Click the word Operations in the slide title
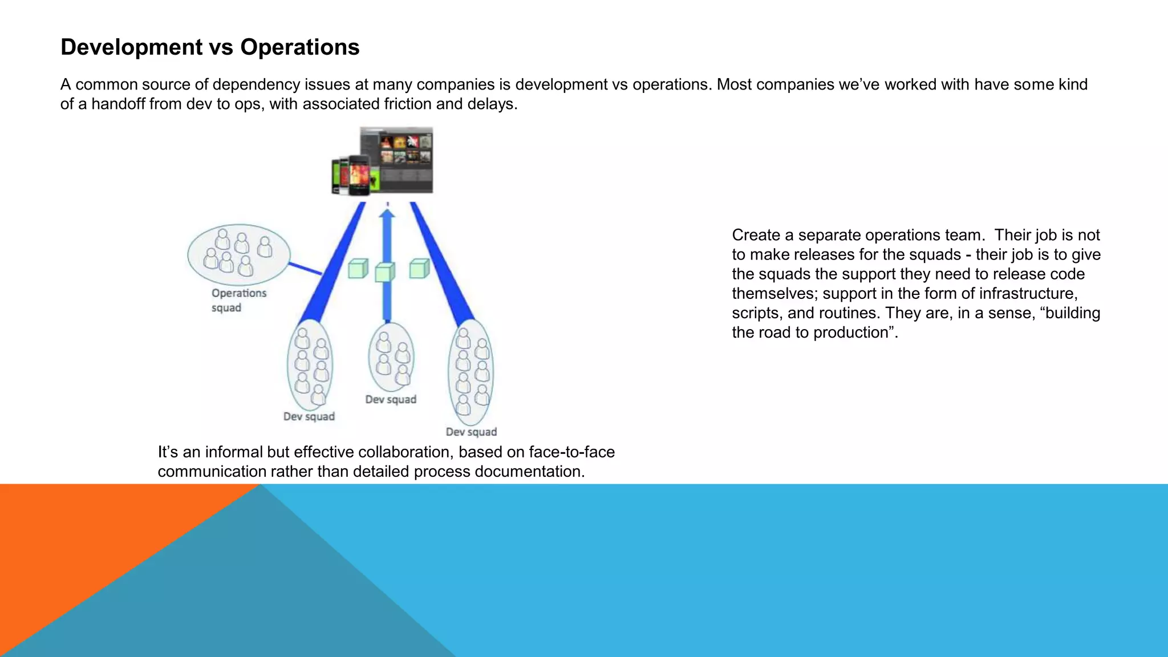(x=299, y=47)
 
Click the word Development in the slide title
(x=132, y=47)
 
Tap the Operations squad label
(x=238, y=300)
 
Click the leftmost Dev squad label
(x=309, y=417)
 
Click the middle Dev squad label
(x=391, y=400)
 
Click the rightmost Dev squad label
(x=471, y=432)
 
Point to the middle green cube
(x=385, y=272)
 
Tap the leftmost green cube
(x=358, y=268)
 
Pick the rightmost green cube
(x=419, y=268)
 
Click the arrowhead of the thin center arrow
(x=387, y=214)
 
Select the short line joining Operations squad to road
(x=305, y=269)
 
